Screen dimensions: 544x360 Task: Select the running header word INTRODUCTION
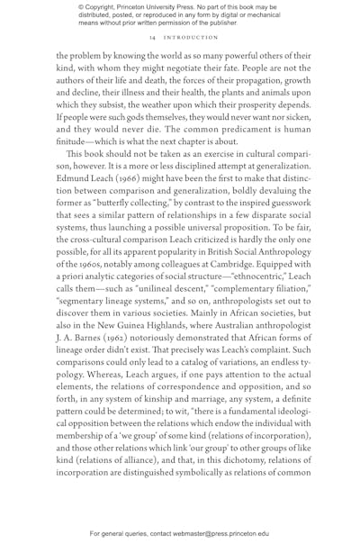[187, 38]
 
